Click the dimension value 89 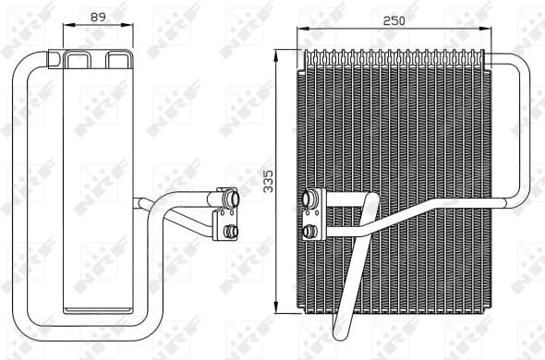coord(96,16)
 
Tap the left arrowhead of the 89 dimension coord(66,27)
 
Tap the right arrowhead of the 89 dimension coord(131,27)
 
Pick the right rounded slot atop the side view coord(117,61)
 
